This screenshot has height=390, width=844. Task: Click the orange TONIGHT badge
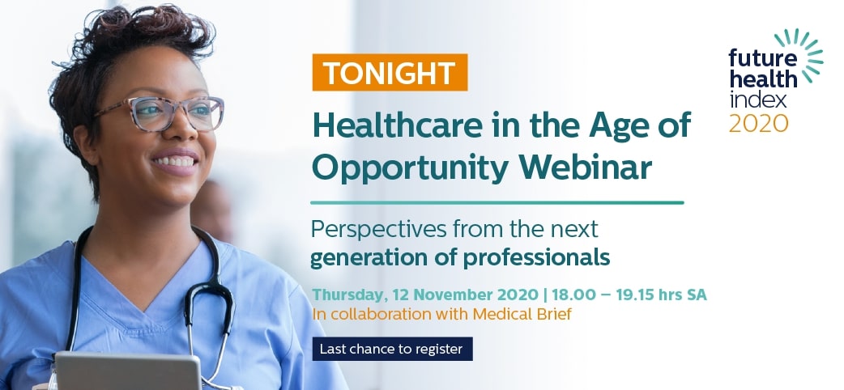[390, 72]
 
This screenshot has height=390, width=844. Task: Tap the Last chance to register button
[392, 349]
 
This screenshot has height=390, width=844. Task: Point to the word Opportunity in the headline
[411, 170]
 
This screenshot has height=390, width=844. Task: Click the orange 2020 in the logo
[758, 123]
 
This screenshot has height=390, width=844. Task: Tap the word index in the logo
[758, 100]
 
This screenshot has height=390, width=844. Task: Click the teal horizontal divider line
[497, 203]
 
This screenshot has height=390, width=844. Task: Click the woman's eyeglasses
[161, 113]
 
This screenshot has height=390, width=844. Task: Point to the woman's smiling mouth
[176, 161]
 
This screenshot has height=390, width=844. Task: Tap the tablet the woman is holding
[127, 371]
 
